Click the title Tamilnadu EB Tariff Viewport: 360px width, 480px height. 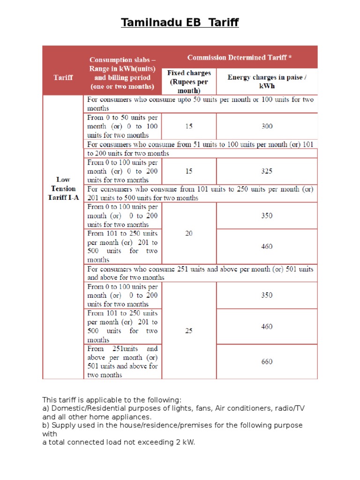tap(180, 22)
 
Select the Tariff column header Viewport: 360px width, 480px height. tap(63, 77)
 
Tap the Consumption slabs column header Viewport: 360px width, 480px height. tap(122, 73)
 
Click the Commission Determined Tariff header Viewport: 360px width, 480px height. tap(240, 58)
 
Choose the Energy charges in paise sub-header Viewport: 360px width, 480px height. tap(267, 82)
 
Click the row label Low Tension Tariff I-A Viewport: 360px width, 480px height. tap(63, 188)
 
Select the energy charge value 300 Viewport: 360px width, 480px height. tap(267, 126)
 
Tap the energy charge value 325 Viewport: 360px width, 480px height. tap(267, 171)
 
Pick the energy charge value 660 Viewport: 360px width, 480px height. tap(267, 361)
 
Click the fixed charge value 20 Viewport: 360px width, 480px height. tap(189, 233)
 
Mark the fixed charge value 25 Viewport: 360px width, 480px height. tap(189, 330)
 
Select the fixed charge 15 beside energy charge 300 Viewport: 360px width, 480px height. tap(189, 126)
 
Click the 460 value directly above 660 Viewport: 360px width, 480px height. tap(267, 326)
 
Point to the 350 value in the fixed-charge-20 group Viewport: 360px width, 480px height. tap(267, 216)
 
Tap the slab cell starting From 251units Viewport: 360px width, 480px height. tap(122, 362)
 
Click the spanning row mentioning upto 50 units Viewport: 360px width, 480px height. tap(200, 104)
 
